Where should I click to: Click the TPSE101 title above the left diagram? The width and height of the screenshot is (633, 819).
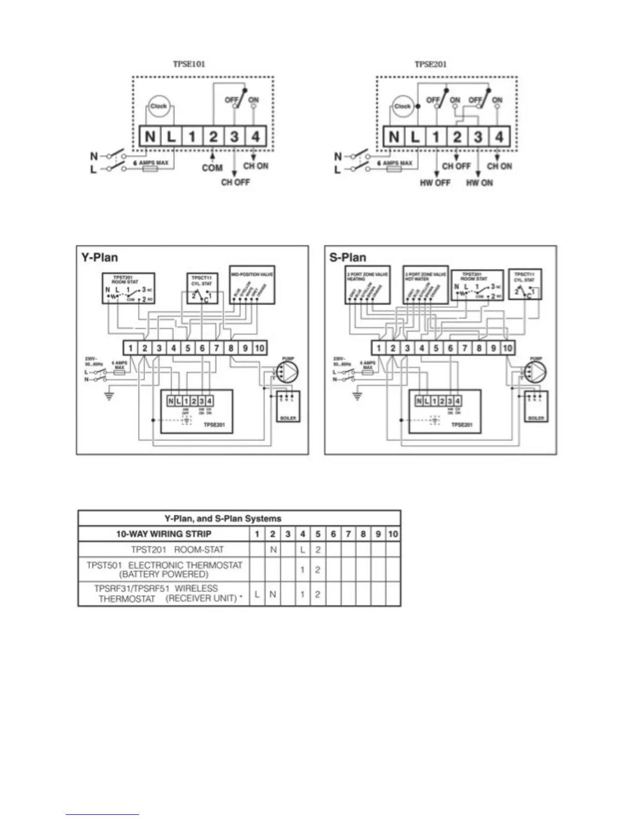tap(189, 64)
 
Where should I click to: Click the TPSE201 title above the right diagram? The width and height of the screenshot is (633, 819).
tap(430, 64)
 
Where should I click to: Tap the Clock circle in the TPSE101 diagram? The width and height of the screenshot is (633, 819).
tap(158, 106)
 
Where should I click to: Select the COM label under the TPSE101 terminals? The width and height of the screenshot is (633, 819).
tap(212, 168)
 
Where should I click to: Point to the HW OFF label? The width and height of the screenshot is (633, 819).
tap(435, 183)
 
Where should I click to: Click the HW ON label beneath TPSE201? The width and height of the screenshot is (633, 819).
tap(479, 183)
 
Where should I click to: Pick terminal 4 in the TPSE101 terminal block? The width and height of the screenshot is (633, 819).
tap(255, 136)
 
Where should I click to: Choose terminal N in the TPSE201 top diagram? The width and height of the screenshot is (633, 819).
tap(394, 136)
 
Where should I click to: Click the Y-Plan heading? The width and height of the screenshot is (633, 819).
tap(99, 257)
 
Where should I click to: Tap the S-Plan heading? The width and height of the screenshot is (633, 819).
tap(348, 257)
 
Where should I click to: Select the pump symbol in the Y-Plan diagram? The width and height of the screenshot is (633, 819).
tap(289, 371)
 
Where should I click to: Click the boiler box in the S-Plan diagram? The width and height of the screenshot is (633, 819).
tap(536, 406)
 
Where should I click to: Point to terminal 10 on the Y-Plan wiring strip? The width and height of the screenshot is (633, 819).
tap(260, 348)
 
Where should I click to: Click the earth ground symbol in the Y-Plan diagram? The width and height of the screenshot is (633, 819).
tap(109, 397)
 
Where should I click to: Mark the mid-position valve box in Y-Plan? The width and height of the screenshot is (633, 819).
tap(252, 285)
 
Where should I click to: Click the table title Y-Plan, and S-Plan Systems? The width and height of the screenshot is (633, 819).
tap(223, 518)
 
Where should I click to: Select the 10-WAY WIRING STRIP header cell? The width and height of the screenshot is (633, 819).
tap(163, 534)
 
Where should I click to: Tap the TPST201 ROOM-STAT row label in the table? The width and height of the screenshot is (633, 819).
tap(177, 549)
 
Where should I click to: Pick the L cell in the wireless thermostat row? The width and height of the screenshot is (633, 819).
tap(257, 594)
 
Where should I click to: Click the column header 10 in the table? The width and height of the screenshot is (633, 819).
tap(393, 534)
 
